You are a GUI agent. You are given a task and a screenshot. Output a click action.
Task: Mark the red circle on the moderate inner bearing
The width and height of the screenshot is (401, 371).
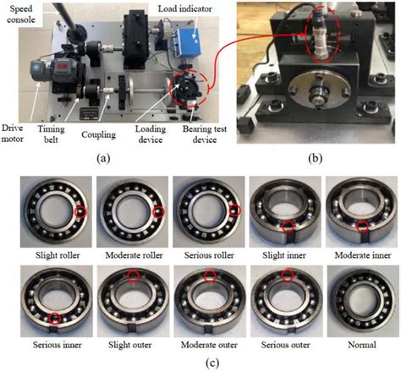pyautogui.click(x=361, y=225)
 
